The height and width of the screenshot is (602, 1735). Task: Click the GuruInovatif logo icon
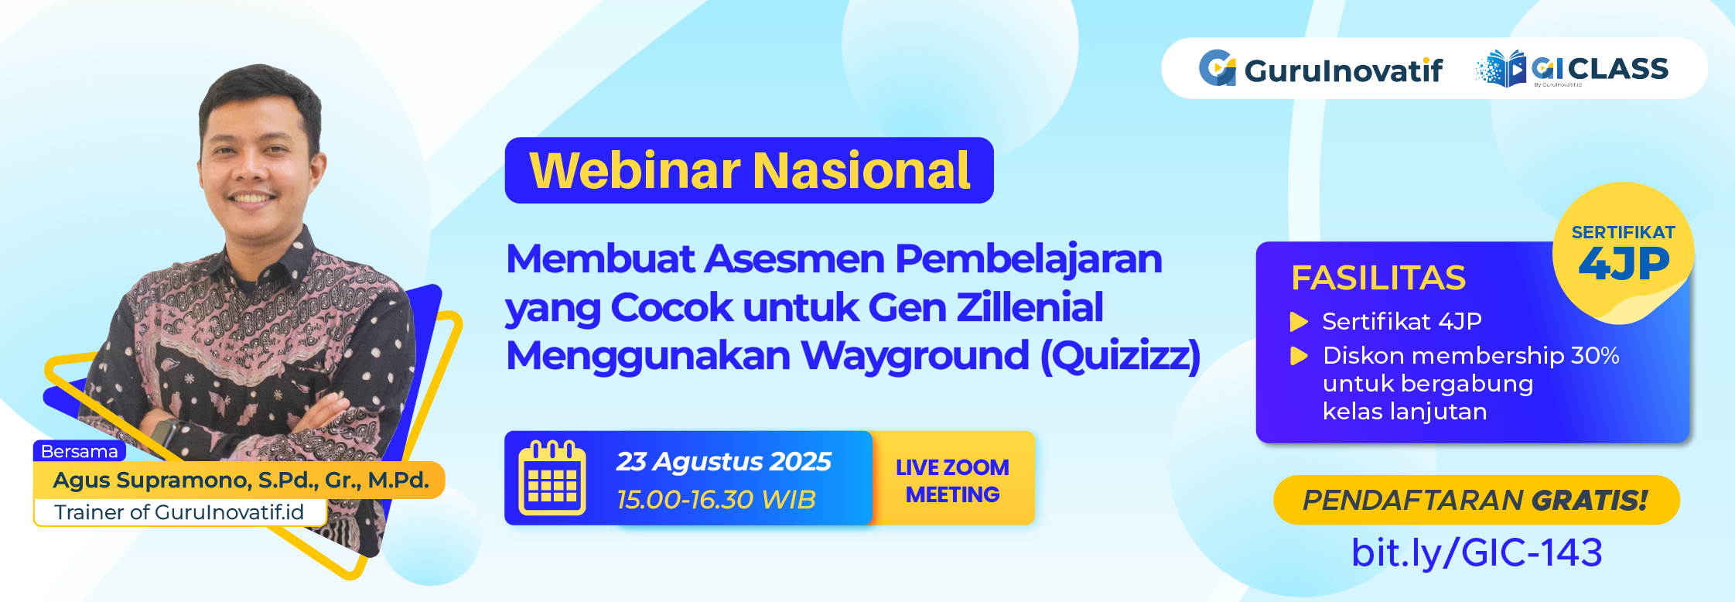point(1217,68)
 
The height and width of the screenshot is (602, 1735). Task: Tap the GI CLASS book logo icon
point(1501,69)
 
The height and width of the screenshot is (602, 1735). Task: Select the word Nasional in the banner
point(862,170)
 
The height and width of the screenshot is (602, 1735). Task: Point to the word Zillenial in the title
point(1030,307)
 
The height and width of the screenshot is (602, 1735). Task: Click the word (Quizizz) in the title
point(1120,356)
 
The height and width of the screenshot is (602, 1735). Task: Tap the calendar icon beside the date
point(552,477)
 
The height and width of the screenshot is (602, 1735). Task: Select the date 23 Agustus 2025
point(723,461)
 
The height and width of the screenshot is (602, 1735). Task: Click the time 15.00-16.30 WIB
point(716,500)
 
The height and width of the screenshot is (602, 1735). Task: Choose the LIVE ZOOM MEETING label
point(952,481)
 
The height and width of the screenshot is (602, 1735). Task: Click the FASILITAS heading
point(1378,278)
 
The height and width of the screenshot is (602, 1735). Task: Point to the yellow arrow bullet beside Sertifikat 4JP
point(1299,321)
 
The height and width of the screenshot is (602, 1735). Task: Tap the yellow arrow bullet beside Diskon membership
point(1299,356)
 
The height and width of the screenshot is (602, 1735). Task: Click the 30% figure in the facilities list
point(1595,355)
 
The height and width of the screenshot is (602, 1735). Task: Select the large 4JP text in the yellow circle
point(1624,264)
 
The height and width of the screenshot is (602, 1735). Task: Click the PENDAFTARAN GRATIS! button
point(1476,500)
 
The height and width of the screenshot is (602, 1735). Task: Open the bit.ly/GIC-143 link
point(1477,552)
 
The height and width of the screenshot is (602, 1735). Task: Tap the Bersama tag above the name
point(80,451)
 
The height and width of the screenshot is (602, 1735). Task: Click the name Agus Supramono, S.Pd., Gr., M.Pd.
point(241,481)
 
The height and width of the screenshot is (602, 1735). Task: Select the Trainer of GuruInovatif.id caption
point(179,512)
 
